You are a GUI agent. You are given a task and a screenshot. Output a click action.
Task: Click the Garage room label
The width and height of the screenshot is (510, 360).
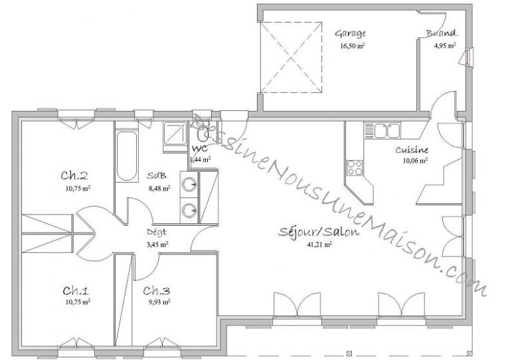(x=350, y=33)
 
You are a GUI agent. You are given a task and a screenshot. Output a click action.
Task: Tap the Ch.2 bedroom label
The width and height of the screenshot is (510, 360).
(x=75, y=176)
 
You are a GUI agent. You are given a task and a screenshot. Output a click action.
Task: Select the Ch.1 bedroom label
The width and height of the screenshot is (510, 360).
(x=76, y=290)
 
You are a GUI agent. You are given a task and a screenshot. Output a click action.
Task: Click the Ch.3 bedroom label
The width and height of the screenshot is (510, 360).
(x=157, y=290)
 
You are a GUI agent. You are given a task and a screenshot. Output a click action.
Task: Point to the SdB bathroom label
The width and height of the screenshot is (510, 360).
(x=157, y=176)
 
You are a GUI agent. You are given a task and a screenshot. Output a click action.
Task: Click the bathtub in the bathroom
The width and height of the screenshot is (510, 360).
(x=124, y=155)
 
